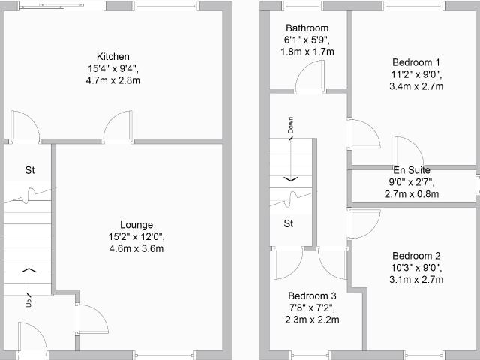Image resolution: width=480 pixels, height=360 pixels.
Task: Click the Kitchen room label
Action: (113, 57)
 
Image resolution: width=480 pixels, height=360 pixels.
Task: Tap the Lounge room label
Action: (136, 225)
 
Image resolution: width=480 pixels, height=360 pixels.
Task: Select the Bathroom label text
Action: (307, 28)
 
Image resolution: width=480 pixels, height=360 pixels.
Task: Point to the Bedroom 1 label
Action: (416, 62)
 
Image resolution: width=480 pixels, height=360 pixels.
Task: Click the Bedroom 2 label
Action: (416, 256)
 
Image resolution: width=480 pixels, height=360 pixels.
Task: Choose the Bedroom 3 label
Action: (312, 296)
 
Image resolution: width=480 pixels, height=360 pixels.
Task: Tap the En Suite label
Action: (412, 170)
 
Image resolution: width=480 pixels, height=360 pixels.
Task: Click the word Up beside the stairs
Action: (29, 302)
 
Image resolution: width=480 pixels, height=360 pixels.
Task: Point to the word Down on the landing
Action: (290, 125)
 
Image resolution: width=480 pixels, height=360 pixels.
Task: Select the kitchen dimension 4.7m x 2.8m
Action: (113, 80)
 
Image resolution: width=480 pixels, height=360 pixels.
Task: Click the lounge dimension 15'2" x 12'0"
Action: (136, 237)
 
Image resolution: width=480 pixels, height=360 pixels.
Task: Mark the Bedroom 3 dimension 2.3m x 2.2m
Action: (312, 320)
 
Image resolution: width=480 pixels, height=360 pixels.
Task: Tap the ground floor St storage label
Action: (30, 170)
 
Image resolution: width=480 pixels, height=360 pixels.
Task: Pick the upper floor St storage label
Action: (289, 223)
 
